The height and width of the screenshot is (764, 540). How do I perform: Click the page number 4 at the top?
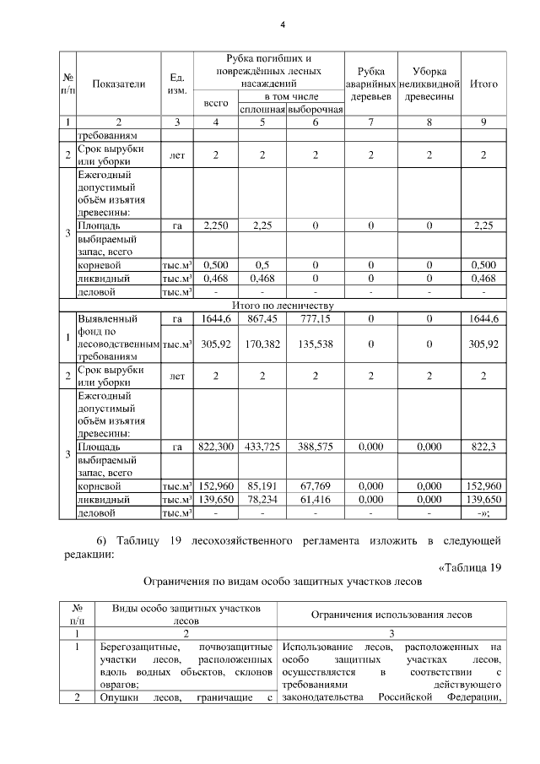(283, 24)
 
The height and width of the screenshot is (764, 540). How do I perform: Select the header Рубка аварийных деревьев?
(371, 84)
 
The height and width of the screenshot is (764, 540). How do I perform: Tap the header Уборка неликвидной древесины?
(429, 84)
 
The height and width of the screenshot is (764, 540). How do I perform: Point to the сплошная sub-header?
(263, 109)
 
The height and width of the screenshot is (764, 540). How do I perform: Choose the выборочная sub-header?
(315, 109)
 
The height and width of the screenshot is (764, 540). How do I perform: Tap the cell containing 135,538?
(315, 344)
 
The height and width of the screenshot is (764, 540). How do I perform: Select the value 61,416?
(315, 500)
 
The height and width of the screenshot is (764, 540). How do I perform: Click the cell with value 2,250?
(217, 225)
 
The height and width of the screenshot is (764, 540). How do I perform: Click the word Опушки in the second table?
(116, 697)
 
